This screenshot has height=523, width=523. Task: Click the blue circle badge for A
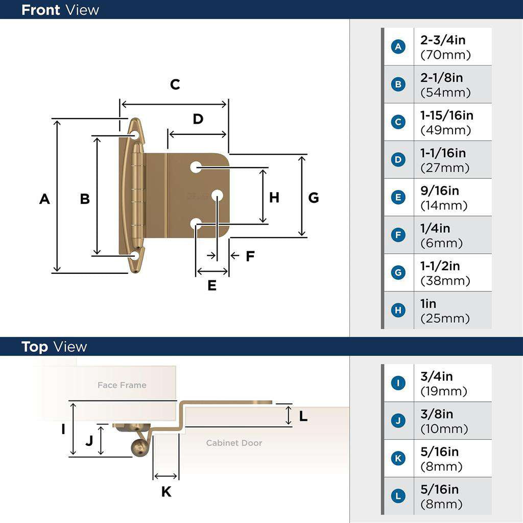coord(398,47)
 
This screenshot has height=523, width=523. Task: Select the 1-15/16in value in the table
coord(446,115)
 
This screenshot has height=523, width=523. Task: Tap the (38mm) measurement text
coord(445,280)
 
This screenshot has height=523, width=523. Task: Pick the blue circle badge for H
coord(398,311)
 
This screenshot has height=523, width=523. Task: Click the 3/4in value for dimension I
coord(436,376)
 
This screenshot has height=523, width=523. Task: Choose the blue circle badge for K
coord(398,458)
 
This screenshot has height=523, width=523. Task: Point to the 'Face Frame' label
coord(122,385)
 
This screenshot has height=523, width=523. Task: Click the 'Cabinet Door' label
coord(234,443)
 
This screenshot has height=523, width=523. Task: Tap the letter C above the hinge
coord(175,84)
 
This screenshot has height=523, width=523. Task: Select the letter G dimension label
coord(314,198)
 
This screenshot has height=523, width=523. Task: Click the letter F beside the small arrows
coord(250,256)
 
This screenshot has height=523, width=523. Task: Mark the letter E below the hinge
coord(212,286)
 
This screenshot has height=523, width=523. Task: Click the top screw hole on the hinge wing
coord(135,135)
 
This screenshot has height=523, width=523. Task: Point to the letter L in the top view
coord(303,416)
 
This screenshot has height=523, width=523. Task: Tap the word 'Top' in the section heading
coord(35,347)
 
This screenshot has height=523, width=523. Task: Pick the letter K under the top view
coord(166,492)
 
